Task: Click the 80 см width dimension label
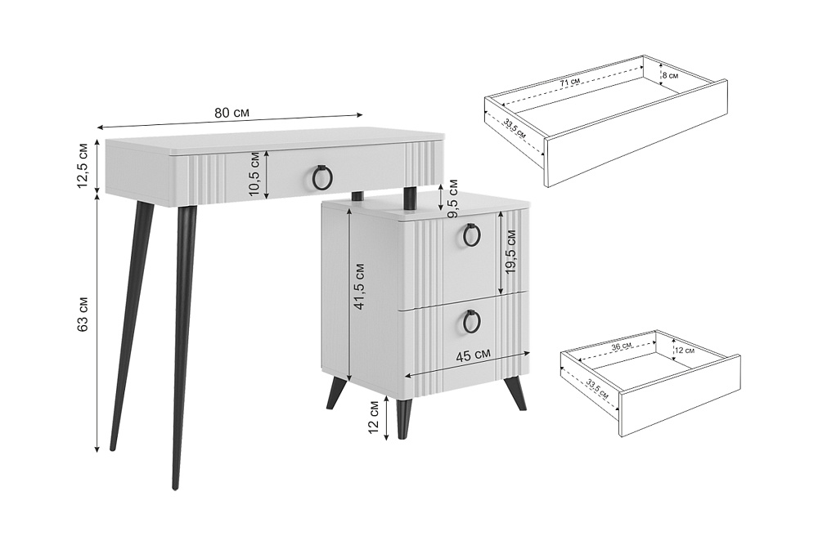231,113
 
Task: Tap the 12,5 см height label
84,166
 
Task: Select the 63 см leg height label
84,313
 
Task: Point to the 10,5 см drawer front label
255,173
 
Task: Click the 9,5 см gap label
452,199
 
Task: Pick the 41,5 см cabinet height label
359,287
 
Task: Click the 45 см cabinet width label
473,356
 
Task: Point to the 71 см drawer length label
569,83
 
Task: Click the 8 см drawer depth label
670,75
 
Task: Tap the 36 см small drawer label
622,346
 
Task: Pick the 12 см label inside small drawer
685,351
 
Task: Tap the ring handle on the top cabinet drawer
472,236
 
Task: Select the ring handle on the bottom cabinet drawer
472,322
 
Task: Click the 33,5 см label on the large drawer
515,127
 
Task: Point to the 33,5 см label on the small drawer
597,389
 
